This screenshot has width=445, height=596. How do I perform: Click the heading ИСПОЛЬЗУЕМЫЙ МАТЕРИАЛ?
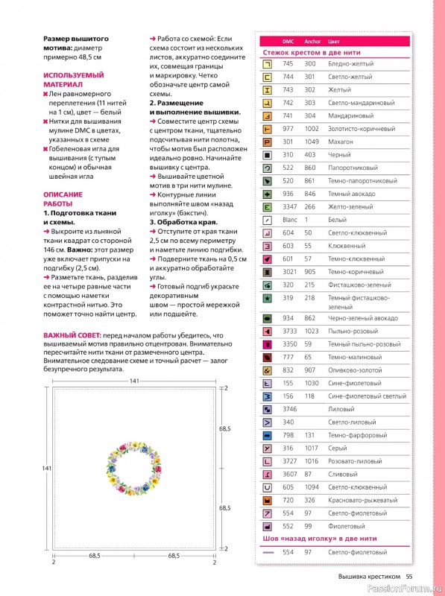(73, 80)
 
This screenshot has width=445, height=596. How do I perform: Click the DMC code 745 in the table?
(288, 64)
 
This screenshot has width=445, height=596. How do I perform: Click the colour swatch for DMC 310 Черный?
(267, 154)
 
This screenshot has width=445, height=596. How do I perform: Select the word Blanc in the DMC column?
(290, 220)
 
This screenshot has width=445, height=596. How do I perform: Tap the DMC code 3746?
(290, 409)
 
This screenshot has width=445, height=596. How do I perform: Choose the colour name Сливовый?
(344, 474)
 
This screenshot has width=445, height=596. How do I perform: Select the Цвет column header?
(334, 41)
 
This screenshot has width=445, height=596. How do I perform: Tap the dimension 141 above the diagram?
(135, 381)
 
